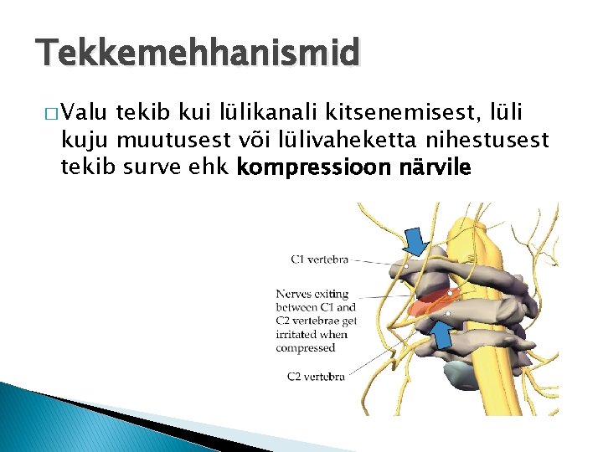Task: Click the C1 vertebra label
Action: point(319,259)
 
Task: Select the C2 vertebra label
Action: point(316,377)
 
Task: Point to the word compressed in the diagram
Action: point(306,348)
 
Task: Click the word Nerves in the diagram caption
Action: point(295,295)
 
